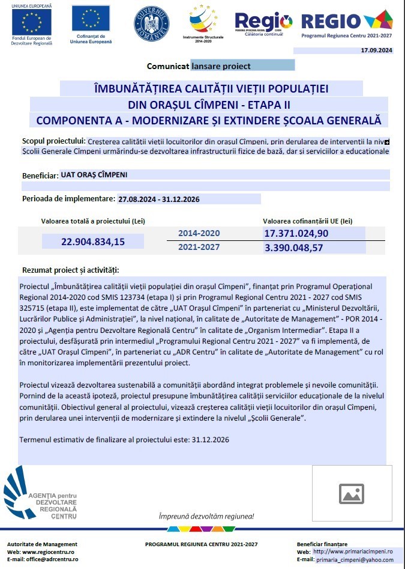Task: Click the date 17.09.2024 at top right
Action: coord(376,51)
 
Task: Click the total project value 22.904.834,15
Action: coord(93,242)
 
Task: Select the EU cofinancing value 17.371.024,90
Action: coord(296,233)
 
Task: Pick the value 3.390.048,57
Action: coord(293,247)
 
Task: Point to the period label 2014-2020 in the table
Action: coord(199,233)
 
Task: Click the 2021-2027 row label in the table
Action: coord(199,247)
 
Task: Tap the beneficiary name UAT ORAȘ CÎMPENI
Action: coord(89,175)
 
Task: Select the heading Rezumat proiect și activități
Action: coord(70,270)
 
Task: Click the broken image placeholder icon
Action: coord(352,493)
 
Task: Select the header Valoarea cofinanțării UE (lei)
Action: coord(307,221)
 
